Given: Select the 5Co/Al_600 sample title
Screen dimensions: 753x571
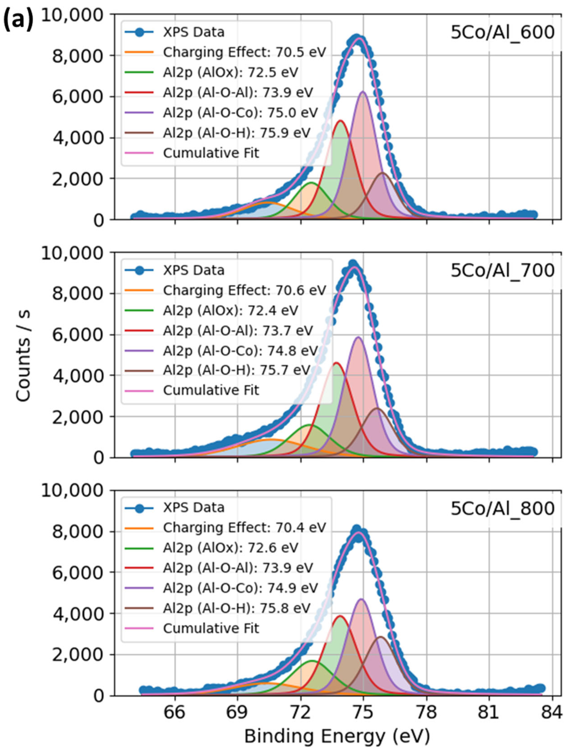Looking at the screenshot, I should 502,33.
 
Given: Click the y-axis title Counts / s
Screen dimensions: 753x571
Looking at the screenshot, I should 23,356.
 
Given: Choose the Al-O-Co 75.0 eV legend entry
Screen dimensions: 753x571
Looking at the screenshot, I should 240,113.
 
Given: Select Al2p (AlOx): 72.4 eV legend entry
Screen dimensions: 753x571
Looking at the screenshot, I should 230,310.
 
